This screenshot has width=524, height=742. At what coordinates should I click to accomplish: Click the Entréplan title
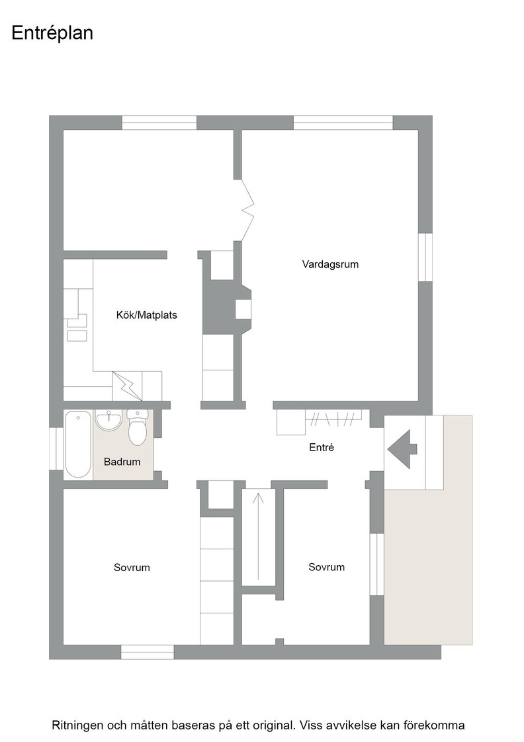click(52, 34)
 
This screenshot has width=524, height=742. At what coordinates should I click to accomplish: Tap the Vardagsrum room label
click(330, 264)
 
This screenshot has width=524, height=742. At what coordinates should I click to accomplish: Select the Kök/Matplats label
click(146, 315)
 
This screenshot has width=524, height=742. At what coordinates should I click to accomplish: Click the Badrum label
click(122, 461)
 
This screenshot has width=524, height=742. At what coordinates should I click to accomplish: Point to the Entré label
click(322, 447)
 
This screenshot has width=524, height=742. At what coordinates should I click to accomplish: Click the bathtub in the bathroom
click(78, 445)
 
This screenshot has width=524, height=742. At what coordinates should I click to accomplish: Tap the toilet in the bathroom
click(138, 428)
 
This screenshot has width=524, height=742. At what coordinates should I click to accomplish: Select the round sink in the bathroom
click(109, 420)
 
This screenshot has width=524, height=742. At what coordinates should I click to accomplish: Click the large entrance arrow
click(402, 449)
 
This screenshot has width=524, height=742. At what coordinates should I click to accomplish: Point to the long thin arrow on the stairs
click(258, 537)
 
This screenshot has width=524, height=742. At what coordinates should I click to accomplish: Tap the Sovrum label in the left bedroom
click(132, 567)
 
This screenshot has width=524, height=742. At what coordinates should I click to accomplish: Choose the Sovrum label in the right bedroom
click(326, 567)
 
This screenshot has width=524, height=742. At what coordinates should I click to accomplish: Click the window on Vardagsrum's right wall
click(425, 257)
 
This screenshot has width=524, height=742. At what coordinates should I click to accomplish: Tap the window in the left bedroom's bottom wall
click(148, 652)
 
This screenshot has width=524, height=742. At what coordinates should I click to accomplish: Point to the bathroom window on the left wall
click(56, 449)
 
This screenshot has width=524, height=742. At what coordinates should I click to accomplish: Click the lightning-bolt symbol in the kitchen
click(126, 385)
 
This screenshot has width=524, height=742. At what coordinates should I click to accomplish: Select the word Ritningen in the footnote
click(77, 725)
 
